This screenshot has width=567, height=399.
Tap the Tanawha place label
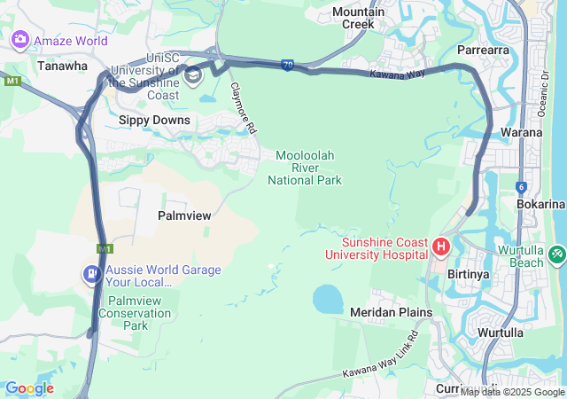click(62, 66)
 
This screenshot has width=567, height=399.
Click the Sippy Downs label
click(154, 119)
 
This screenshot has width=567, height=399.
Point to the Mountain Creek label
click(358, 18)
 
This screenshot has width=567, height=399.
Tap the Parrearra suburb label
click(483, 51)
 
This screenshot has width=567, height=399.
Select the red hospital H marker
click(441, 245)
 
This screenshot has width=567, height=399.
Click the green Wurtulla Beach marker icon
click(556, 254)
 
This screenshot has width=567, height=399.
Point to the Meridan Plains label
click(391, 312)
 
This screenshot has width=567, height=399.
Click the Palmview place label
click(183, 215)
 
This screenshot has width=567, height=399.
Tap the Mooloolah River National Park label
click(305, 168)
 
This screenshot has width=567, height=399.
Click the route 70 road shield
click(288, 66)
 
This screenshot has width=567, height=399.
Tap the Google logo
click(29, 388)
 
